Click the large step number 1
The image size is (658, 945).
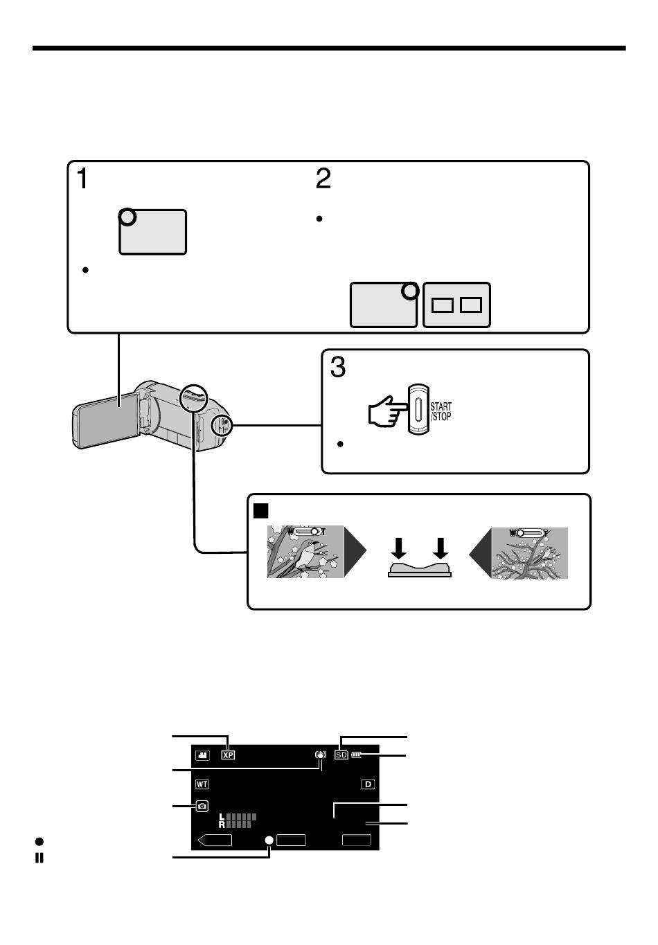82,178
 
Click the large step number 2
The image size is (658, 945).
323,178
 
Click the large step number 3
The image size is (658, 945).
337,367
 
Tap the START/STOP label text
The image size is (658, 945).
441,411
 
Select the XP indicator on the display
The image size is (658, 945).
228,755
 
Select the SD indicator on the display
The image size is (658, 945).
341,755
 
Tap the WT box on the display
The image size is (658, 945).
202,784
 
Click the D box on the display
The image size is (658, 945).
368,784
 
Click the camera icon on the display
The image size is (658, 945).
202,807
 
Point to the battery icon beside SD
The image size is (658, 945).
357,755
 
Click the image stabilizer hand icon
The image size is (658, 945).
321,755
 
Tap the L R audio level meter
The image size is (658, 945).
237,820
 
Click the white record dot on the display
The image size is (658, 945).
269,840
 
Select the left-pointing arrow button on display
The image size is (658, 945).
215,840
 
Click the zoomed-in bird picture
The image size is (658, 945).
305,551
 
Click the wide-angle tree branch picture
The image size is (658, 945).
530,553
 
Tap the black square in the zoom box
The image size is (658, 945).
261,510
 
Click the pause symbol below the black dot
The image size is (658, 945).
39,858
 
